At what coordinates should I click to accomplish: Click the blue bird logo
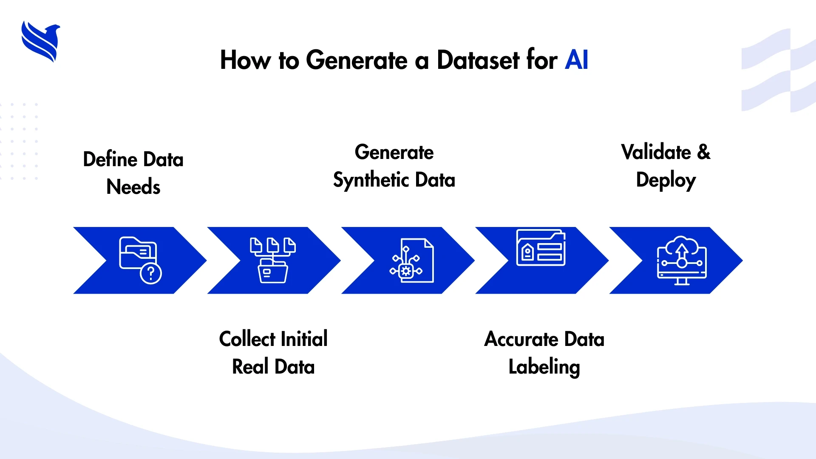[x=40, y=42]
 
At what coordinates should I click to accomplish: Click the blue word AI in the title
[x=576, y=60]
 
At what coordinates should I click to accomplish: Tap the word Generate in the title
[x=356, y=60]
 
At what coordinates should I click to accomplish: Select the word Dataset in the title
[x=478, y=60]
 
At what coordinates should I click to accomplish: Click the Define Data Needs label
[x=133, y=173]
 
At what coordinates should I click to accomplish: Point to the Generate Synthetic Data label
[x=394, y=166]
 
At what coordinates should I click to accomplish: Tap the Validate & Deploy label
[x=666, y=166]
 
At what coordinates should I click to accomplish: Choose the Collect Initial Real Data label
[x=273, y=353]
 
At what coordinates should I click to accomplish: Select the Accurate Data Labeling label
[x=544, y=353]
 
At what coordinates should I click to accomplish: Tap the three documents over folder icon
[x=273, y=260]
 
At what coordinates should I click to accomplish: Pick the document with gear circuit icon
[x=412, y=261]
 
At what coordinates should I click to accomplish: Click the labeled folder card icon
[x=541, y=248]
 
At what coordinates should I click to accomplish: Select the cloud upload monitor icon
[x=681, y=260]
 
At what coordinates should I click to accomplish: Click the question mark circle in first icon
[x=151, y=273]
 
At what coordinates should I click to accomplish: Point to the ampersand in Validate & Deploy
[x=703, y=152]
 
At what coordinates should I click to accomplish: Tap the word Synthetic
[x=371, y=180]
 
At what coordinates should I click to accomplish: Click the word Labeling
[x=544, y=367]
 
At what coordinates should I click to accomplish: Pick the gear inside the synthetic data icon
[x=406, y=271]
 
